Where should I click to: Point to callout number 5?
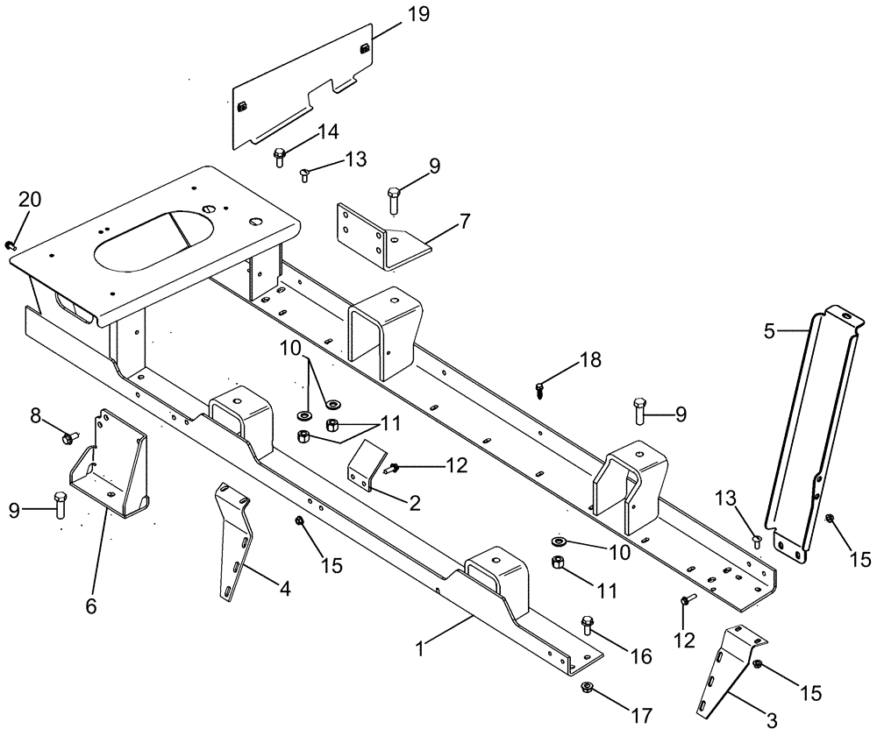(x=768, y=332)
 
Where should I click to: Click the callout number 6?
(x=91, y=605)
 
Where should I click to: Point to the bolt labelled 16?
(x=588, y=625)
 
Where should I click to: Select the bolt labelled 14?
(x=280, y=158)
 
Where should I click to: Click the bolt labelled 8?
(x=69, y=435)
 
